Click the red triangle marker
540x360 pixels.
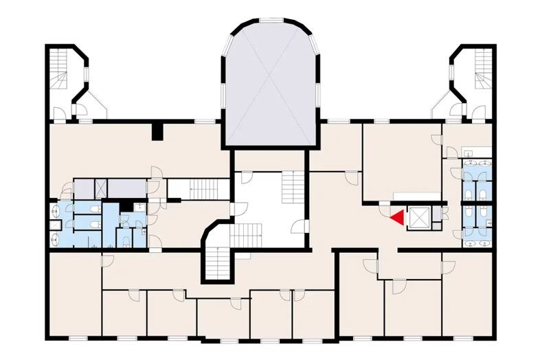click(x=396, y=218)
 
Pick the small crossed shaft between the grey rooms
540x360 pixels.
click(x=100, y=187)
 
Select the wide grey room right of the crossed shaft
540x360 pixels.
click(x=125, y=187)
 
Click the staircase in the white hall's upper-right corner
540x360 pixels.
click(x=293, y=185)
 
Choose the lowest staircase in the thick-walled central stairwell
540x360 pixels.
click(x=218, y=260)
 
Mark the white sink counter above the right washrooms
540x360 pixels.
click(x=477, y=153)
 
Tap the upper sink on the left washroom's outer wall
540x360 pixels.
click(x=54, y=211)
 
